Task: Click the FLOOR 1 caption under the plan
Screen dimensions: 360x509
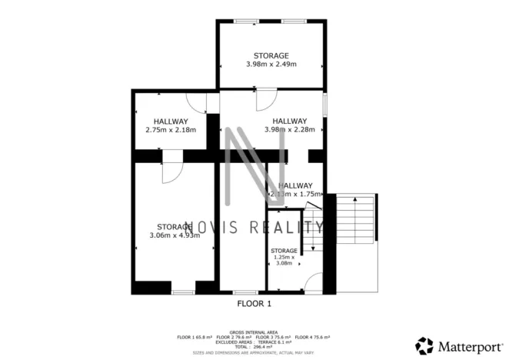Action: pos(254,304)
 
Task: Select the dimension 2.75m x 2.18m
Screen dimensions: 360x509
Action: pos(170,130)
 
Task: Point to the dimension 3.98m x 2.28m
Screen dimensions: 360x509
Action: pos(289,130)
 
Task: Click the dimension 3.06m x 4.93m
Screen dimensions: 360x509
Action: pos(175,235)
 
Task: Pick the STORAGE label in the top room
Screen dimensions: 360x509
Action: pos(271,55)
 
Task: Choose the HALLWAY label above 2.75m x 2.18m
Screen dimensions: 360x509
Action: pos(170,122)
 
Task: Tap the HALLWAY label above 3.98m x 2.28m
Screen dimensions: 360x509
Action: pos(290,121)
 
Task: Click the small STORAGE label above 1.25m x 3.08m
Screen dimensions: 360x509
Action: pos(284,251)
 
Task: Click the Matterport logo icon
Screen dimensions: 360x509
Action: pos(424,345)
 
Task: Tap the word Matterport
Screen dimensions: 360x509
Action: pos(465,345)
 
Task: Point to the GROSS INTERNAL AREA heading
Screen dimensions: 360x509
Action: pos(254,332)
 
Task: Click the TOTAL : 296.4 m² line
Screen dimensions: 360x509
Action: pos(254,347)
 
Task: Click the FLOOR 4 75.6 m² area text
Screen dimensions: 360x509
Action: pos(314,337)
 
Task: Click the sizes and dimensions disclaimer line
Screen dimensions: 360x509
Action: pos(254,352)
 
